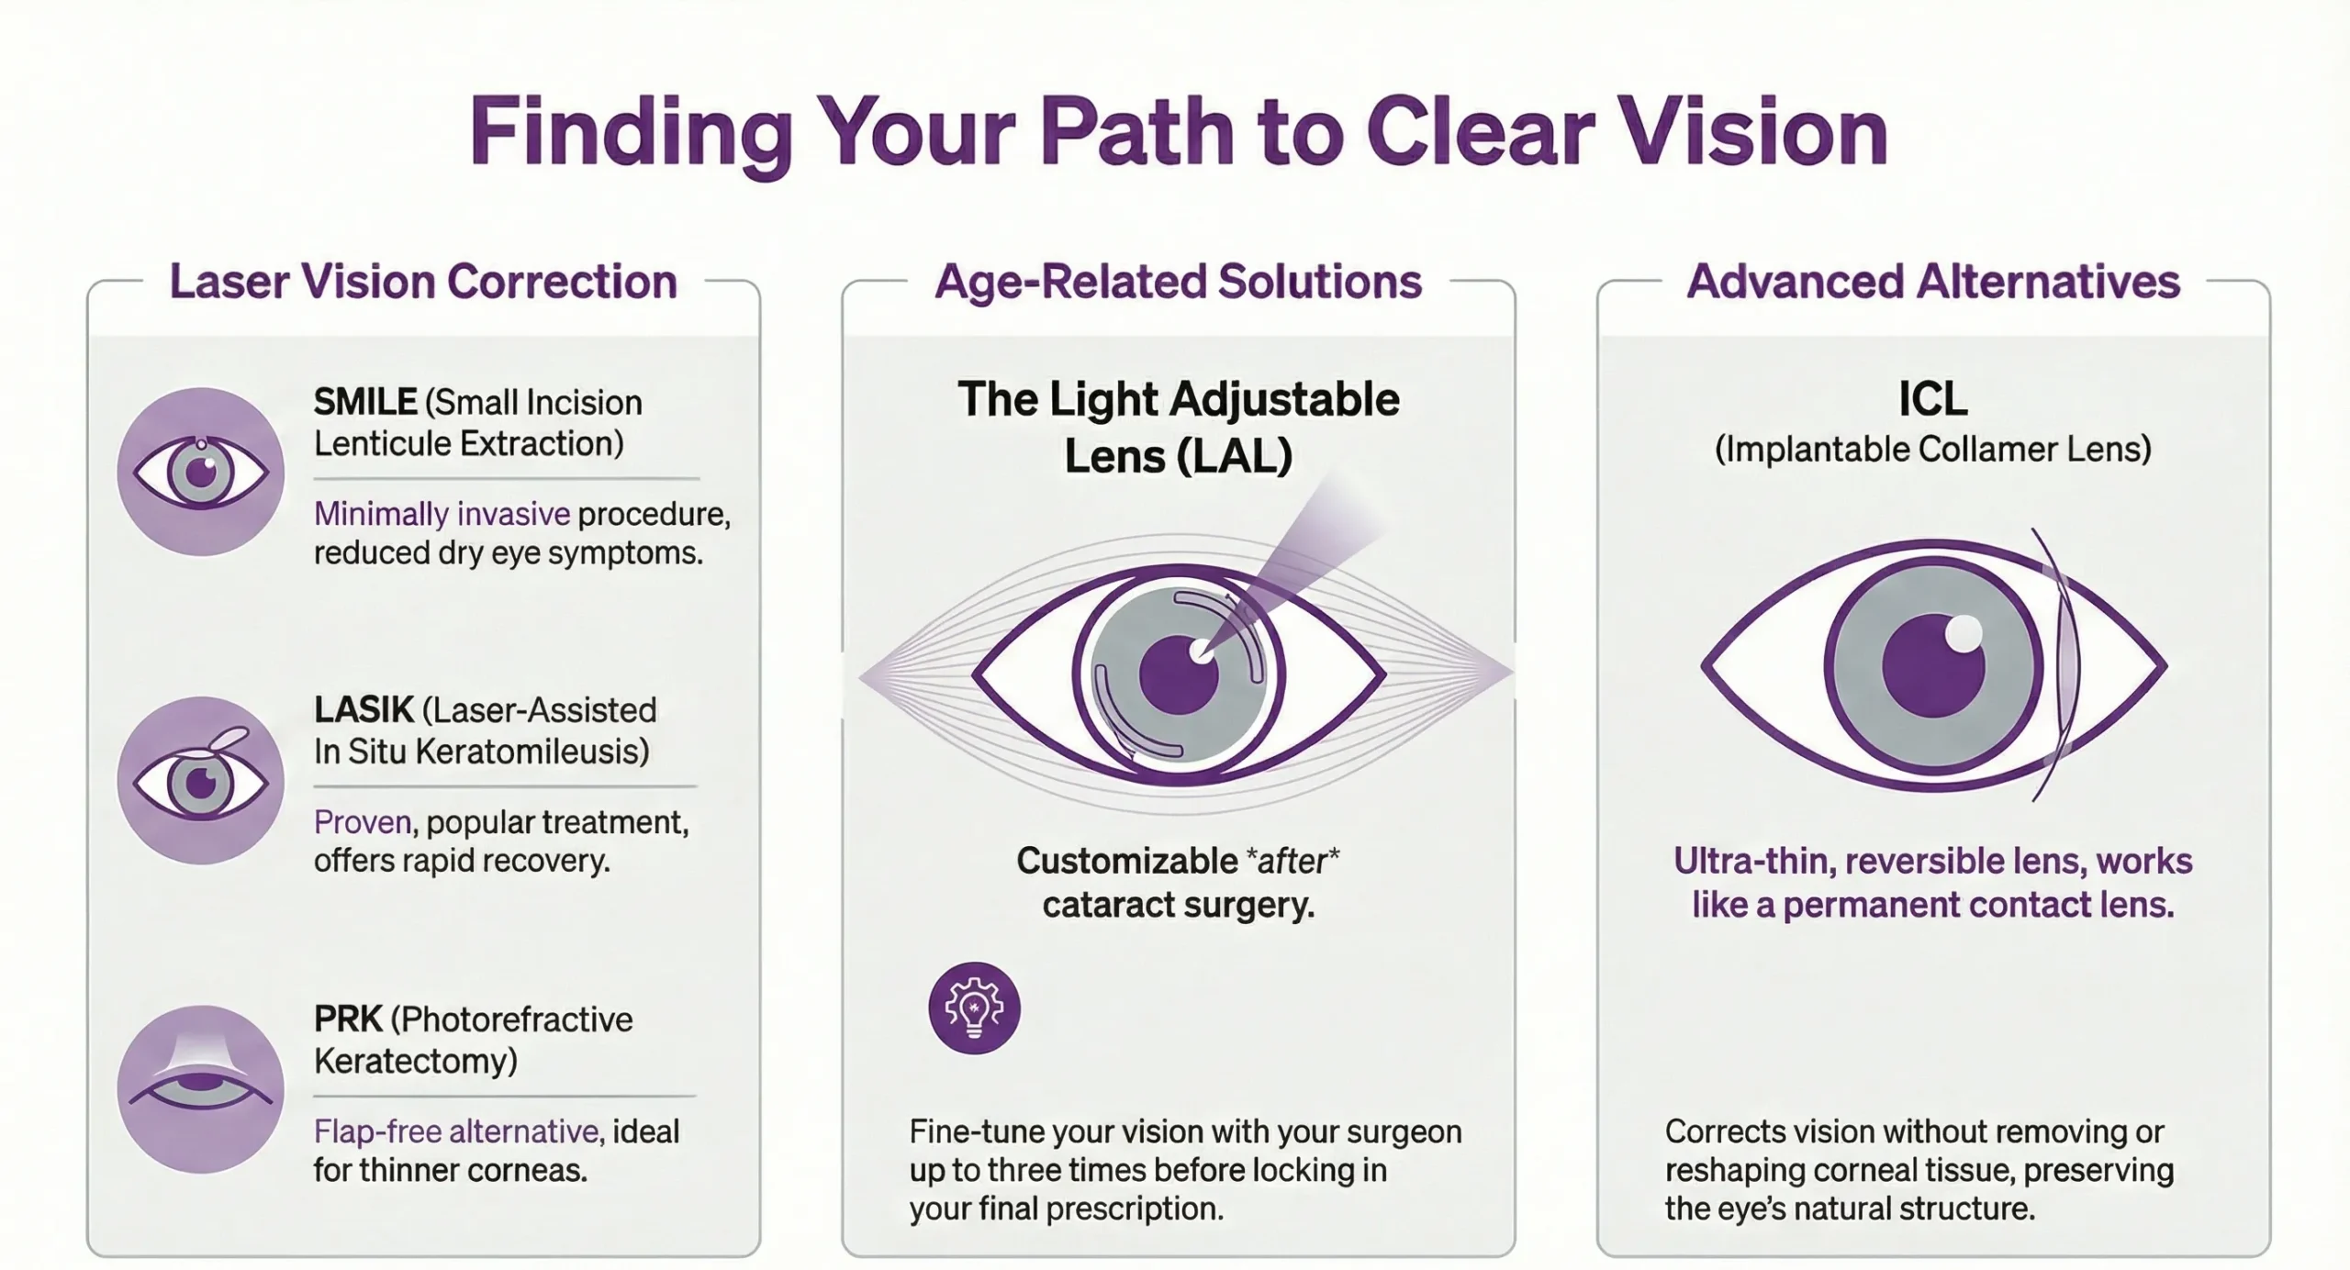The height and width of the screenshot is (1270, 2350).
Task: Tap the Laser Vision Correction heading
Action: tap(423, 282)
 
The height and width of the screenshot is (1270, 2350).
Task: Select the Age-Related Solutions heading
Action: tap(1178, 282)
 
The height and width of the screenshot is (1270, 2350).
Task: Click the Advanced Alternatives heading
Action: tap(1933, 282)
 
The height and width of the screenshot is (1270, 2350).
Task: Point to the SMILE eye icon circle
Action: tap(201, 472)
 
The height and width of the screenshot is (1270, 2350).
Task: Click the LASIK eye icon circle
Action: tap(201, 781)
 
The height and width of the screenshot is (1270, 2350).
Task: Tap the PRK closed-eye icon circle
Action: tap(201, 1089)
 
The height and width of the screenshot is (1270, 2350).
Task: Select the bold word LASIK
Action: tap(364, 710)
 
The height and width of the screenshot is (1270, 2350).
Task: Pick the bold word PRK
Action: tap(348, 1019)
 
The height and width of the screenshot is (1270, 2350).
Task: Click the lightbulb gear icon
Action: tap(974, 1008)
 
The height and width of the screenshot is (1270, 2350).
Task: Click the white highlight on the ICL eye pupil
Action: tap(1964, 634)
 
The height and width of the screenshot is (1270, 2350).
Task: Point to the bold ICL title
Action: tap(1932, 399)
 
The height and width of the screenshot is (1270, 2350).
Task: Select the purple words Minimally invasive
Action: tap(442, 514)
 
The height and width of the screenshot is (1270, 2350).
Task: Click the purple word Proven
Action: tap(363, 822)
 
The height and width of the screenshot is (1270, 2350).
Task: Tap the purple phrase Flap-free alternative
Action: tap(456, 1131)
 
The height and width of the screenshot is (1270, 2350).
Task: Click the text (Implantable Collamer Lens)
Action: tap(1932, 450)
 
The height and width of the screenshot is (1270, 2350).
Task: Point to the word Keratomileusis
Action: tap(532, 752)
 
